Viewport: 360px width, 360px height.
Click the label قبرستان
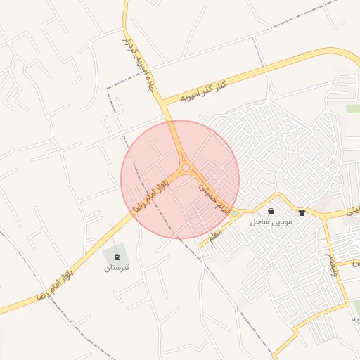(117, 268)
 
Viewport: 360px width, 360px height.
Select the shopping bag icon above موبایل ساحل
(271, 211)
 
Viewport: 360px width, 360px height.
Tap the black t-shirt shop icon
(302, 212)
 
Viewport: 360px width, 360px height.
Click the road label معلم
(215, 231)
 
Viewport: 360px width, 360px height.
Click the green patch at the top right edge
(353, 108)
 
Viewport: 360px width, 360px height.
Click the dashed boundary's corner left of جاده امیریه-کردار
(108, 89)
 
